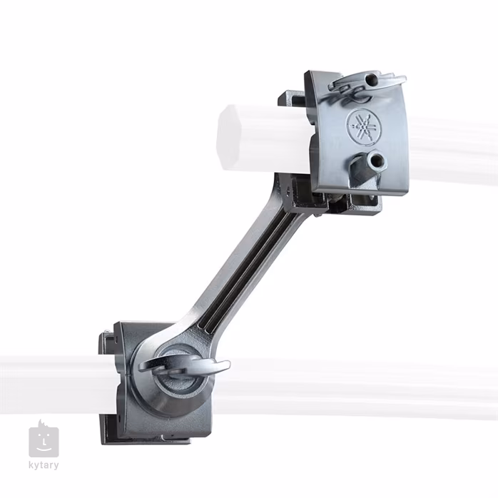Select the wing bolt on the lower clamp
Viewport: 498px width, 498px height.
(184, 365)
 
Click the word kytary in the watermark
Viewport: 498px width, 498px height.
(44, 466)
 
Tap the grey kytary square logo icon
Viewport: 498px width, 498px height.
(44, 440)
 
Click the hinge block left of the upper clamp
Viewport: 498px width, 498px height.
(293, 100)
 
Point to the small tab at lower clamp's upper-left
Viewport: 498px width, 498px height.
(106, 335)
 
